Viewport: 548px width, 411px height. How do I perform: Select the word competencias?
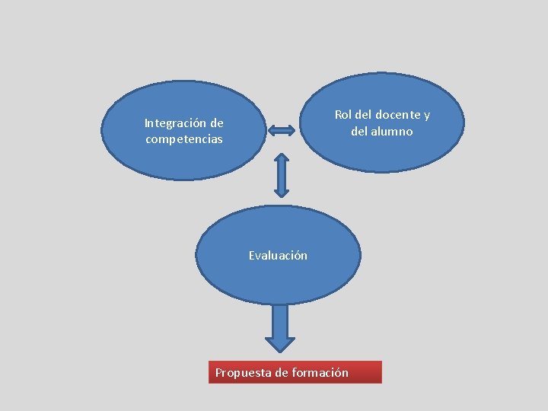point(184,139)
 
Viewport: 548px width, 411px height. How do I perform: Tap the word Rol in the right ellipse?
point(343,115)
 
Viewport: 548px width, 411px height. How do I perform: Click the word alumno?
point(393,132)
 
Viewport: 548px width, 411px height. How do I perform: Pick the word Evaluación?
point(278,256)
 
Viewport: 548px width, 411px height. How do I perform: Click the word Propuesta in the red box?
point(243,372)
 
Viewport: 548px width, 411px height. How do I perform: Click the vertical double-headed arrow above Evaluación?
point(281,175)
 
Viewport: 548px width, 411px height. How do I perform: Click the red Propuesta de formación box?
point(295,372)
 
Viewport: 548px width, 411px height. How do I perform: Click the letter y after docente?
point(427,115)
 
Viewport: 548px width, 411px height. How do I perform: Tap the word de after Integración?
point(217,123)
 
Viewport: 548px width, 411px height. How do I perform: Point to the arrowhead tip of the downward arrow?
point(280,350)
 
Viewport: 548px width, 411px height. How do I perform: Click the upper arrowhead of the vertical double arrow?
point(281,158)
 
